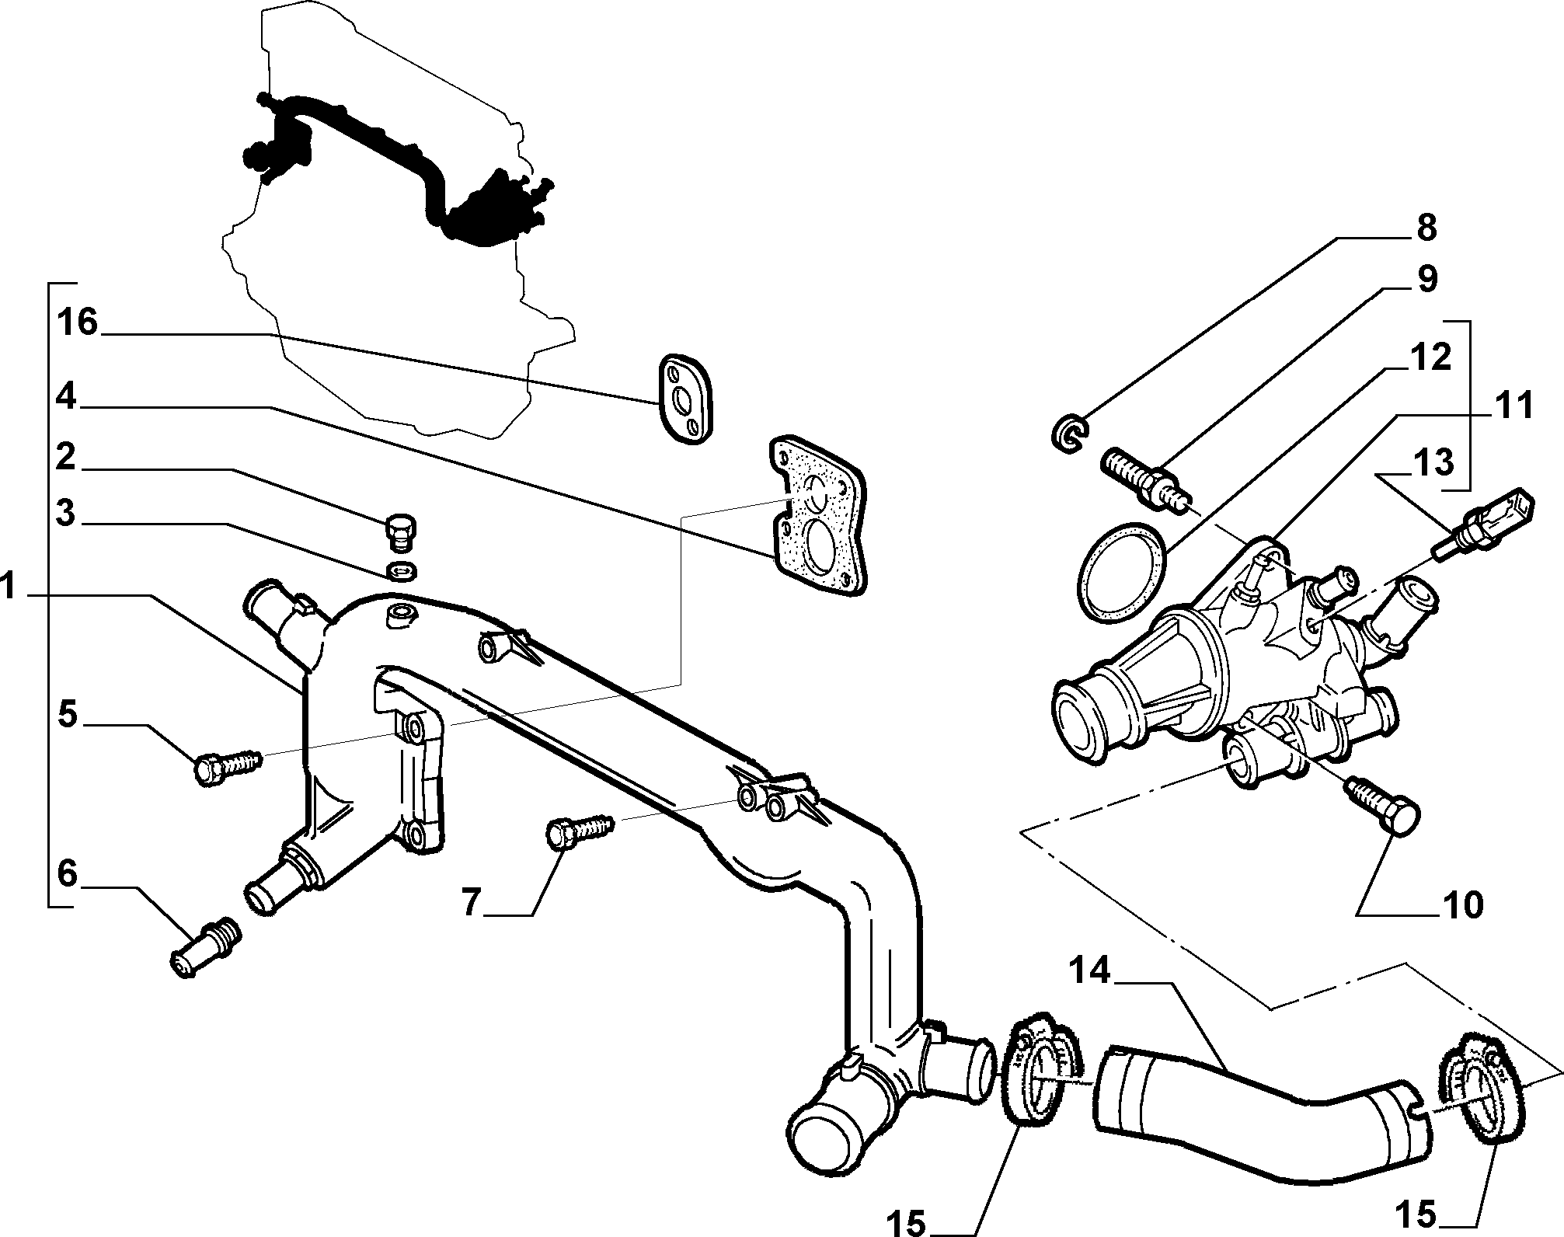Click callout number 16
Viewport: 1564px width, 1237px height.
(78, 322)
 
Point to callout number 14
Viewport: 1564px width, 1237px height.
(1093, 971)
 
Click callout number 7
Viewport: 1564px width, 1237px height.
(473, 903)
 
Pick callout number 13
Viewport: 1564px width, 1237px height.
(1432, 463)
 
